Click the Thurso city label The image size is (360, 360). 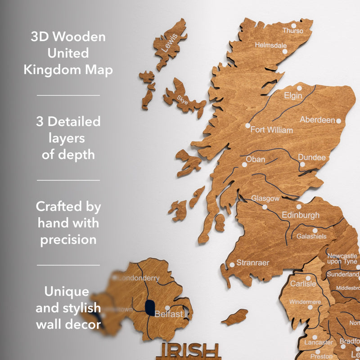(x=293, y=31)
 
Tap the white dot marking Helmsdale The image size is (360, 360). (x=284, y=52)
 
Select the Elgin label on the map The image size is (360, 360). (x=293, y=95)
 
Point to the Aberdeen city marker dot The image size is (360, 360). (x=338, y=121)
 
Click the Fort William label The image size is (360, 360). (x=271, y=130)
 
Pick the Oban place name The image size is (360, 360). (x=255, y=159)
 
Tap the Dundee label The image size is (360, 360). (x=311, y=157)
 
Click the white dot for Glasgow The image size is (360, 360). (x=265, y=207)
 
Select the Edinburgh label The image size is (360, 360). (x=301, y=215)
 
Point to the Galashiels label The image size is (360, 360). (x=311, y=236)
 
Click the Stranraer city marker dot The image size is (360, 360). (x=232, y=264)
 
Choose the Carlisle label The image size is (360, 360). (x=303, y=284)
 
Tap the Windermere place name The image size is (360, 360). (x=305, y=302)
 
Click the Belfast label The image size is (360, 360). (x=169, y=314)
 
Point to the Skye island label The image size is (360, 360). (x=183, y=99)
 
